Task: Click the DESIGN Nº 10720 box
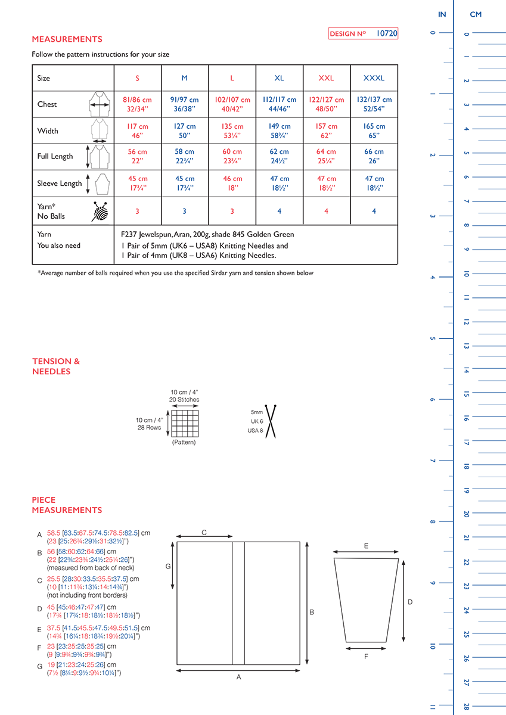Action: (363, 34)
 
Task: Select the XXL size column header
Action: (327, 78)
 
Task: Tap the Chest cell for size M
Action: (185, 104)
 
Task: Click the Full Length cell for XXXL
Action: (374, 156)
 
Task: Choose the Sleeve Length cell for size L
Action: (232, 183)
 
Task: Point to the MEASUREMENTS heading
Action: (67, 39)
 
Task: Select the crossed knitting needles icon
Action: (272, 421)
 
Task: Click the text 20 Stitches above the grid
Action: (184, 400)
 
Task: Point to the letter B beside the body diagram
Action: (312, 612)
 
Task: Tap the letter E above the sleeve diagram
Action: (366, 546)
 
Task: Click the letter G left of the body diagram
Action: (168, 567)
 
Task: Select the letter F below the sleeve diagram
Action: (365, 656)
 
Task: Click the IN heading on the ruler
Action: (442, 14)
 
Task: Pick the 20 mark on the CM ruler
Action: (467, 514)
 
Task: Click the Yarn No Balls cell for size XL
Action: (280, 211)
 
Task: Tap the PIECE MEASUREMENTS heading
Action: (67, 505)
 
